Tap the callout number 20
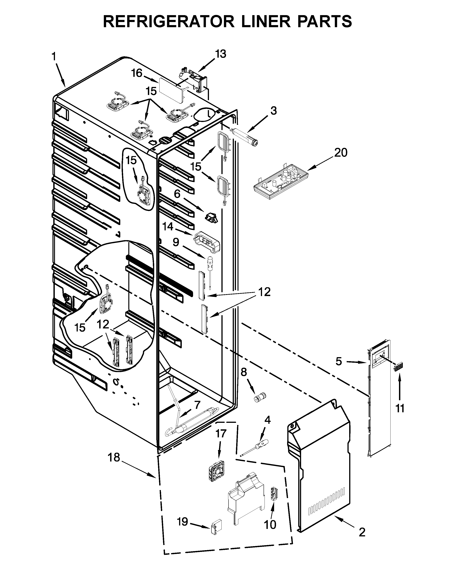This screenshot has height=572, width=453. [x=341, y=153]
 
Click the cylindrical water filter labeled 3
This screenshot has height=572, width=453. [x=245, y=137]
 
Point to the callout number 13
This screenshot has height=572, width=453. [x=220, y=54]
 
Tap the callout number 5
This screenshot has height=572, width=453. [x=338, y=361]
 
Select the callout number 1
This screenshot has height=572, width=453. [x=54, y=56]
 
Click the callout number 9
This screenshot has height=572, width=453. [x=176, y=242]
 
